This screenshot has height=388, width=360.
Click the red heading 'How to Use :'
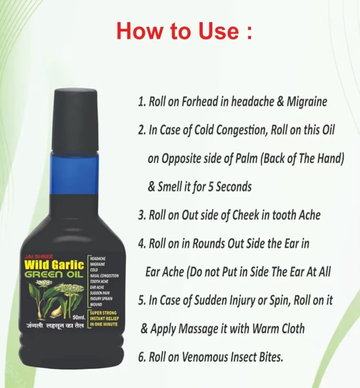(x=184, y=31)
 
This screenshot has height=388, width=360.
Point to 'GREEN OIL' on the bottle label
(x=54, y=275)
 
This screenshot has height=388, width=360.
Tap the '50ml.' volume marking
(x=79, y=317)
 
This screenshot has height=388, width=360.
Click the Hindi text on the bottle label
(x=55, y=326)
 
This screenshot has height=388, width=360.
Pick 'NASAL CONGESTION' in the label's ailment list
(x=104, y=276)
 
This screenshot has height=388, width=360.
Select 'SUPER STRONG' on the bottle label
(x=103, y=313)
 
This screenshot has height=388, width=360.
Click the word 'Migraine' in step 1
(x=307, y=102)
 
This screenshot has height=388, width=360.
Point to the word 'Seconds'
(x=234, y=186)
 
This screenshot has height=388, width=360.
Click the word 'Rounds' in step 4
(x=208, y=244)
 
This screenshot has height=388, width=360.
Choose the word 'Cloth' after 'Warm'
(x=293, y=329)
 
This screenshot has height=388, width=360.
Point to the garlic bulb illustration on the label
(x=56, y=311)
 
